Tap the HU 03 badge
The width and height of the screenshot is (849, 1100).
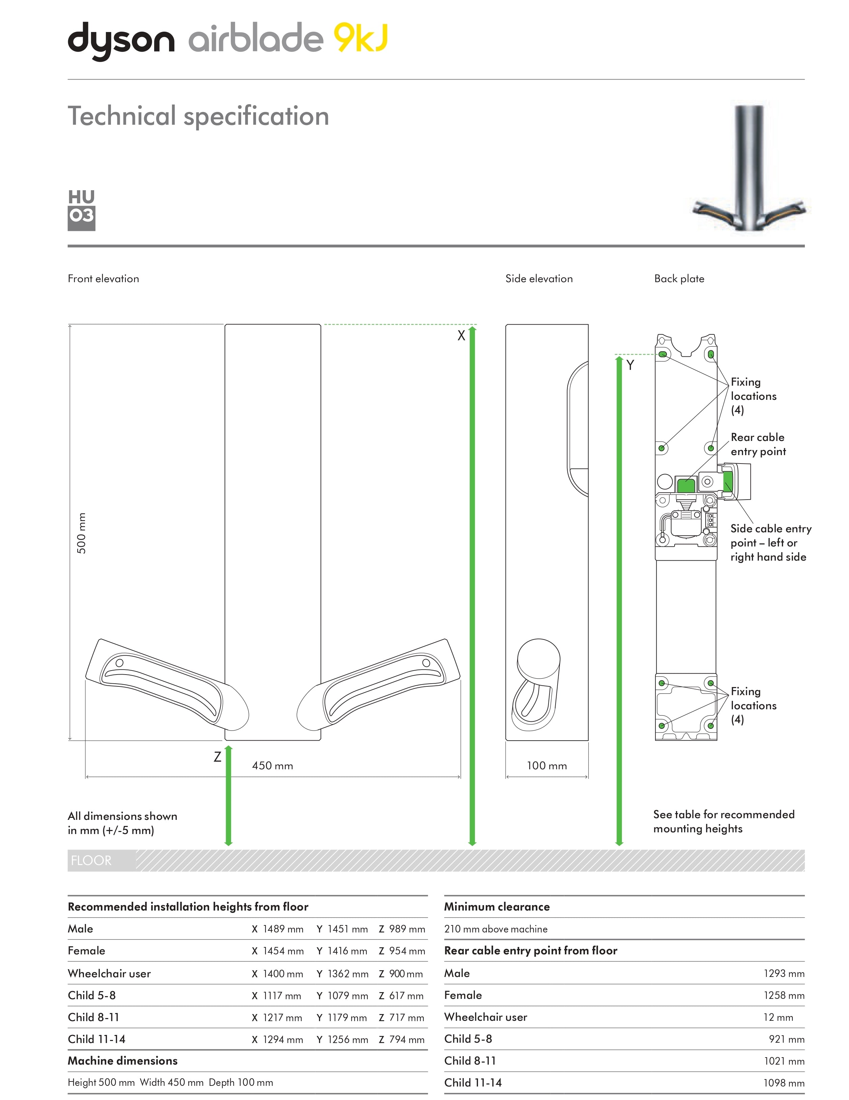click(81, 210)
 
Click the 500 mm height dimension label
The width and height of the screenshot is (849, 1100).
click(81, 533)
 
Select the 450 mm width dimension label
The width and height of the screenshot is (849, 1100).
click(272, 766)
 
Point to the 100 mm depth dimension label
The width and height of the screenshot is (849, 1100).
click(547, 766)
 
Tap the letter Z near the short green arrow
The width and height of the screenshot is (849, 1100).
click(218, 756)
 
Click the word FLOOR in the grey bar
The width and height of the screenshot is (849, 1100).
click(91, 860)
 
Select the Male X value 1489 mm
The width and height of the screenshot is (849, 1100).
click(283, 929)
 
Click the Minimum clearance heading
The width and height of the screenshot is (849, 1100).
click(497, 906)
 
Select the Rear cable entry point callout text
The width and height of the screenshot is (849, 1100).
click(758, 444)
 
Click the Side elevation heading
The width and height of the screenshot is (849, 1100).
click(539, 278)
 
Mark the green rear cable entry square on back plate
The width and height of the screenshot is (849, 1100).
click(686, 485)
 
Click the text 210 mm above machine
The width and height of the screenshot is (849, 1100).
click(496, 929)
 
